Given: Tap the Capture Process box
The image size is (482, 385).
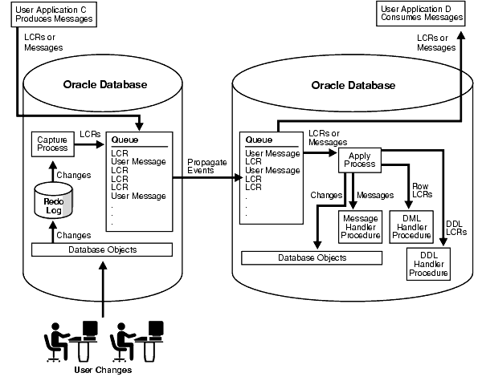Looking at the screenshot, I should (x=52, y=144).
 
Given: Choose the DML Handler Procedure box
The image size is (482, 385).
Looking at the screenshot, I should (x=411, y=227).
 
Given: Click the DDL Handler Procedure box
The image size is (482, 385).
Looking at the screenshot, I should (x=427, y=264).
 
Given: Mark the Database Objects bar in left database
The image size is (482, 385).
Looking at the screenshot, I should (x=102, y=249).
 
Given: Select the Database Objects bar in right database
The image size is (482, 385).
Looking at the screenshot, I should (x=312, y=257).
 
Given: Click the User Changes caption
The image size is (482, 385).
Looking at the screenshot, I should (x=103, y=370).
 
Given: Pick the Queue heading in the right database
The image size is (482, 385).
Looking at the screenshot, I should (x=259, y=140).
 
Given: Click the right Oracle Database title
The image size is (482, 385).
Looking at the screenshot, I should (x=353, y=86).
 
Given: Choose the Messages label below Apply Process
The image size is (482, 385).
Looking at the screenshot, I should (x=374, y=195).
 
